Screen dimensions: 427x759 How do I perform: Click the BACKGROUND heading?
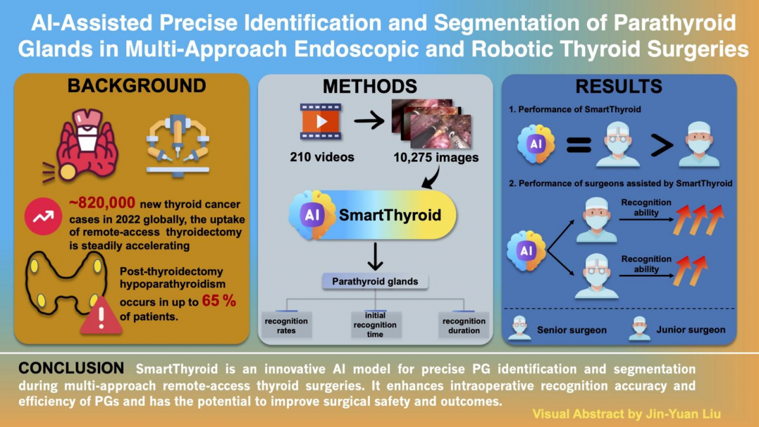136,86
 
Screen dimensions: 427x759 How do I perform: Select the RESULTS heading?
618,87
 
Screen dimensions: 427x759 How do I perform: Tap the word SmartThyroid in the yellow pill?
390,214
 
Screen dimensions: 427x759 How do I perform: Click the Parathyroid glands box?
374,281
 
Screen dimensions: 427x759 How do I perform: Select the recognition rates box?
286,325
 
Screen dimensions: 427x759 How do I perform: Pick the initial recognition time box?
375,325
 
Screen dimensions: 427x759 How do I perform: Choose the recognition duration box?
464,325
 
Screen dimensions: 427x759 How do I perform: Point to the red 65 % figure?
219,301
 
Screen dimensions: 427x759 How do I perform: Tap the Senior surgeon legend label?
572,330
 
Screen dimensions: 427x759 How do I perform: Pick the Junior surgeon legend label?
690,329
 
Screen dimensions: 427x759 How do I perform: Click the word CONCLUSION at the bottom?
71,368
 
